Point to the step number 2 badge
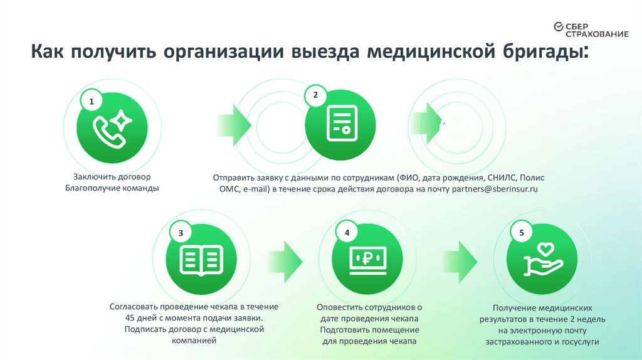tap(315, 95)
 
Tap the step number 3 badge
tap(181, 233)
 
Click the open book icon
tap(201, 259)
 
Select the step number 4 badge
tap(347, 233)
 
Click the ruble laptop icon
tap(367, 258)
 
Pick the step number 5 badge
tap(522, 233)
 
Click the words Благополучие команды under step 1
tap(111, 188)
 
